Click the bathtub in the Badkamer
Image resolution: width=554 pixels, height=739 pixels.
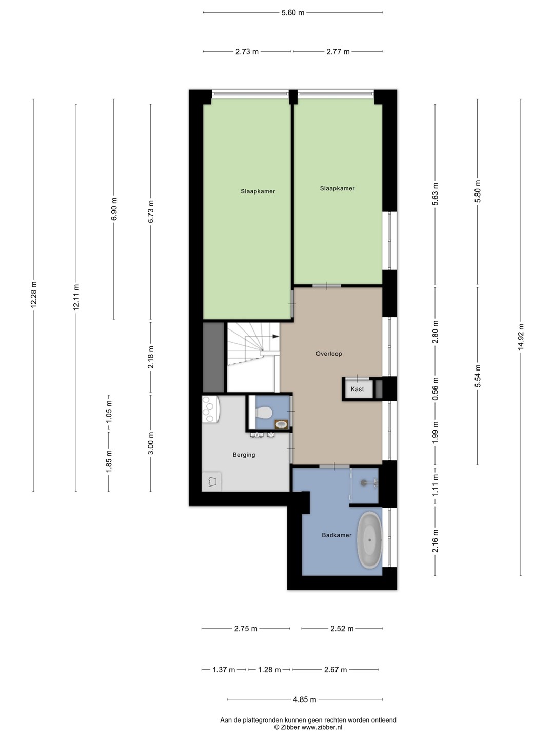point(369,540)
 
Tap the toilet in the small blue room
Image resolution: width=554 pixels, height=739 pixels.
point(263,413)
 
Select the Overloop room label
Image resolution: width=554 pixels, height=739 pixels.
point(329,354)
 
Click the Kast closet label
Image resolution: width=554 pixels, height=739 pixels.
point(357,389)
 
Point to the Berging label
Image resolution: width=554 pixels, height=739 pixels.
point(244,455)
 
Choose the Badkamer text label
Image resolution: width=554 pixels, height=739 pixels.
point(337,535)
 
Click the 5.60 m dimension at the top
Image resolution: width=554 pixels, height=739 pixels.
point(292,13)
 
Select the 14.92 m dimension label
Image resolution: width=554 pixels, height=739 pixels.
point(521,337)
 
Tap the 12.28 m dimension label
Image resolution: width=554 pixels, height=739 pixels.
point(34,294)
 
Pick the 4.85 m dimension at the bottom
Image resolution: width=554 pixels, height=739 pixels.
point(305,699)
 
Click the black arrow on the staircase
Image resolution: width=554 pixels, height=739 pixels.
point(275,336)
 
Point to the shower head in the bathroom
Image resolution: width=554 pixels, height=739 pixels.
point(363,483)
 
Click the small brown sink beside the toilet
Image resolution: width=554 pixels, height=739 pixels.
point(282,424)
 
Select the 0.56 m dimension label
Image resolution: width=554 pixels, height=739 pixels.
point(436,389)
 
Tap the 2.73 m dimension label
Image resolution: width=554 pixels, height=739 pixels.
point(247,52)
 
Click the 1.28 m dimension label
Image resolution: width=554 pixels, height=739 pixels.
point(269,670)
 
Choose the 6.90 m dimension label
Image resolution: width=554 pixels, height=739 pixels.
point(114,209)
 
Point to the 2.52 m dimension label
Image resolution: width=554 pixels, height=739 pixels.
point(342,629)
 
